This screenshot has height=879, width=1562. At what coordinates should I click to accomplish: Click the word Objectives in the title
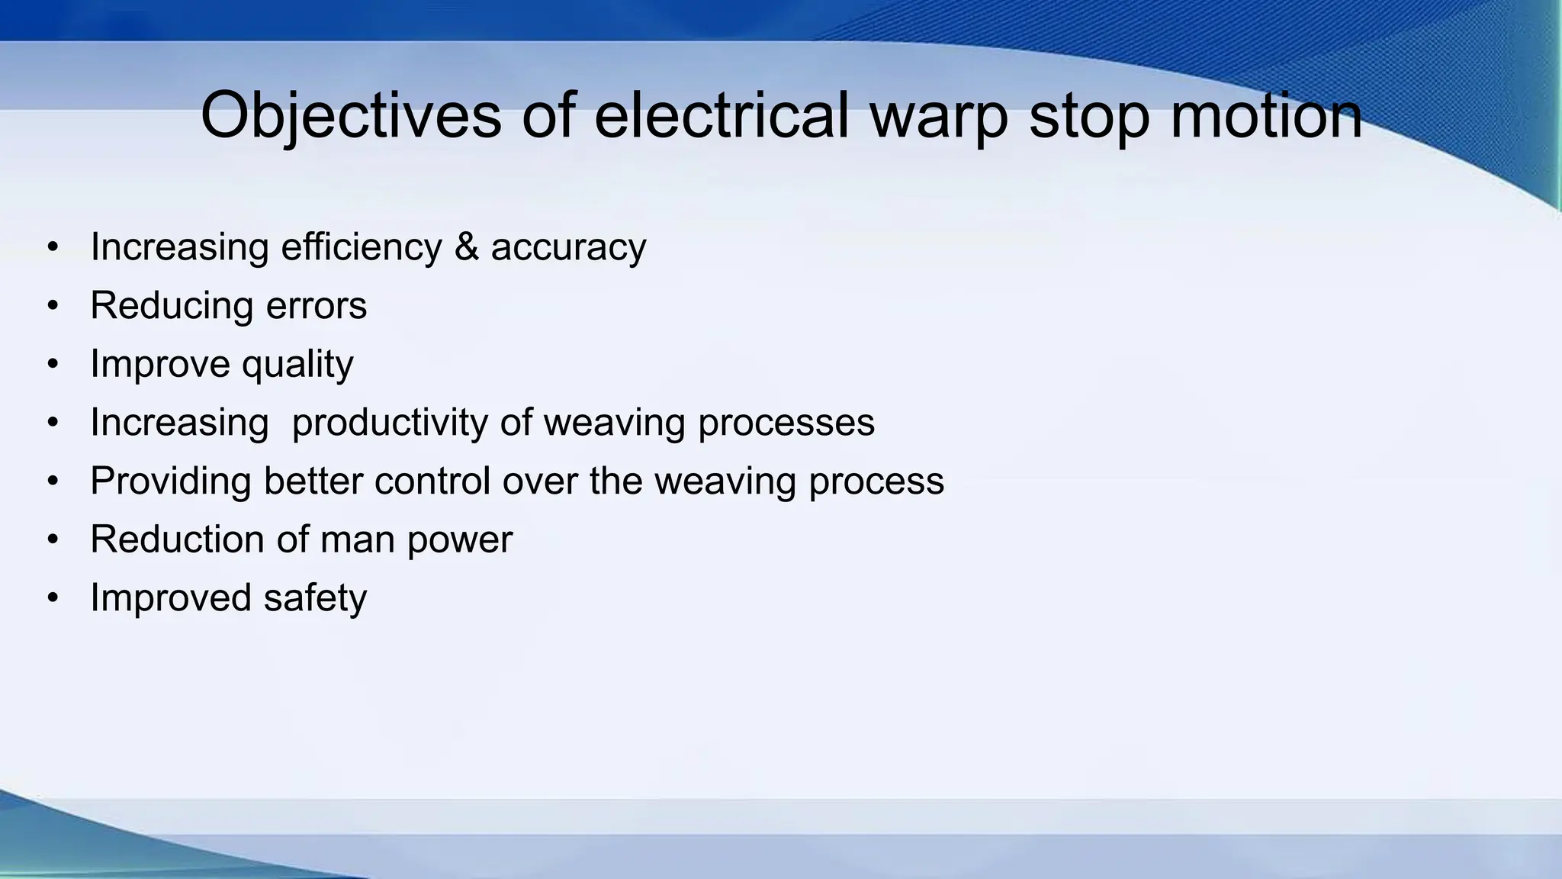click(351, 116)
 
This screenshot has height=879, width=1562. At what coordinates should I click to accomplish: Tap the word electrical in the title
click(721, 116)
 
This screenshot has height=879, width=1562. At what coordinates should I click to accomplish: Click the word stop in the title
click(1088, 116)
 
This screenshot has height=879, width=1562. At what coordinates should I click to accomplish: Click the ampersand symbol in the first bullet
click(466, 246)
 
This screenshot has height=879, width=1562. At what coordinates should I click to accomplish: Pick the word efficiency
click(361, 247)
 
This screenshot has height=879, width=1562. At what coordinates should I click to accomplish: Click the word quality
click(297, 365)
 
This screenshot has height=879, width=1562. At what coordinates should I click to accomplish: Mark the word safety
click(315, 598)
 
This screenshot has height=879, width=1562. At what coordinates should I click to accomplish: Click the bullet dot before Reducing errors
click(52, 306)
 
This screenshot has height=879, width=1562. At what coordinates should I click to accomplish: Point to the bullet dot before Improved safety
click(52, 597)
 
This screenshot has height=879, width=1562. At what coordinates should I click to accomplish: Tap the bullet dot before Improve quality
click(52, 364)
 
